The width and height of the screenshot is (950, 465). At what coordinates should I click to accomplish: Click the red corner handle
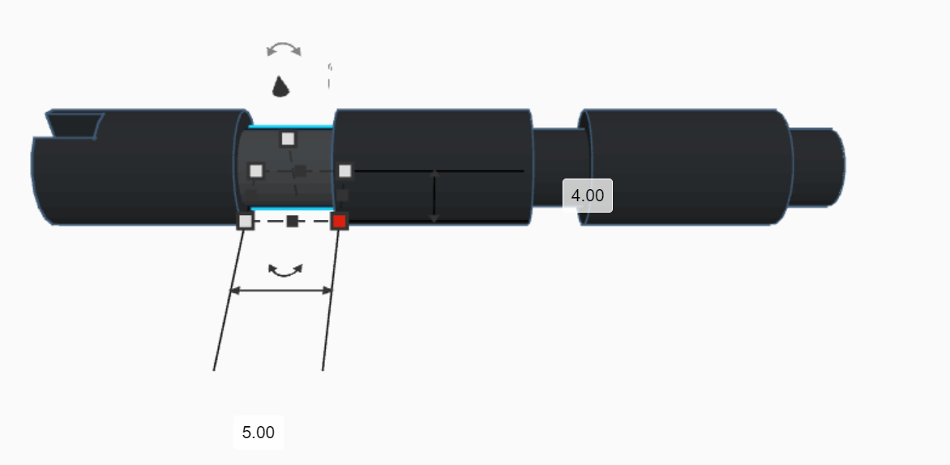[x=340, y=222]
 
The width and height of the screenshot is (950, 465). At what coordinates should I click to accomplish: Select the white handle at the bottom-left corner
[x=246, y=222]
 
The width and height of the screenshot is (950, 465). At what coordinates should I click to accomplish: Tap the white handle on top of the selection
[x=288, y=139]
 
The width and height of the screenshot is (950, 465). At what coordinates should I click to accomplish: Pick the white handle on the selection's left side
[x=256, y=171]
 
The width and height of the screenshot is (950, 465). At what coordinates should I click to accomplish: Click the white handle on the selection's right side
[x=345, y=171]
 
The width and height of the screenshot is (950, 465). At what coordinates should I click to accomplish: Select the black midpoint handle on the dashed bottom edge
[x=293, y=222]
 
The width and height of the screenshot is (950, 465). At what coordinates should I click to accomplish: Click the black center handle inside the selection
[x=300, y=171]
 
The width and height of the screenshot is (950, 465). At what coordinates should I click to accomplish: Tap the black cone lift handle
[x=280, y=86]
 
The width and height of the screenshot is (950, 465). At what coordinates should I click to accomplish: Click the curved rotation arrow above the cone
[x=285, y=50]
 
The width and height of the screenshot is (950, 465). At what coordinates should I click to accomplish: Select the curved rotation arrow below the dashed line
[x=285, y=270]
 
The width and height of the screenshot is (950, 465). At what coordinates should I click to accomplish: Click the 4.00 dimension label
[x=588, y=196]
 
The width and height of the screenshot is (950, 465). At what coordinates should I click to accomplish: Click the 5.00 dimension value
[x=259, y=432]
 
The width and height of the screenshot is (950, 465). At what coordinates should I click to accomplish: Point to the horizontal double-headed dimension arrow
[x=281, y=290]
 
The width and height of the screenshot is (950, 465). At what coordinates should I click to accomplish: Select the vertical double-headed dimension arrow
[x=435, y=196]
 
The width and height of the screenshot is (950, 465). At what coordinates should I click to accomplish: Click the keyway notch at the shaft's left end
[x=75, y=125]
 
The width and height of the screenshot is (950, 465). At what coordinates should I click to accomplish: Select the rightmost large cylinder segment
[x=685, y=166]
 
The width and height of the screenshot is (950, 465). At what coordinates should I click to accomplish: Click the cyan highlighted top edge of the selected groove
[x=291, y=127]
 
